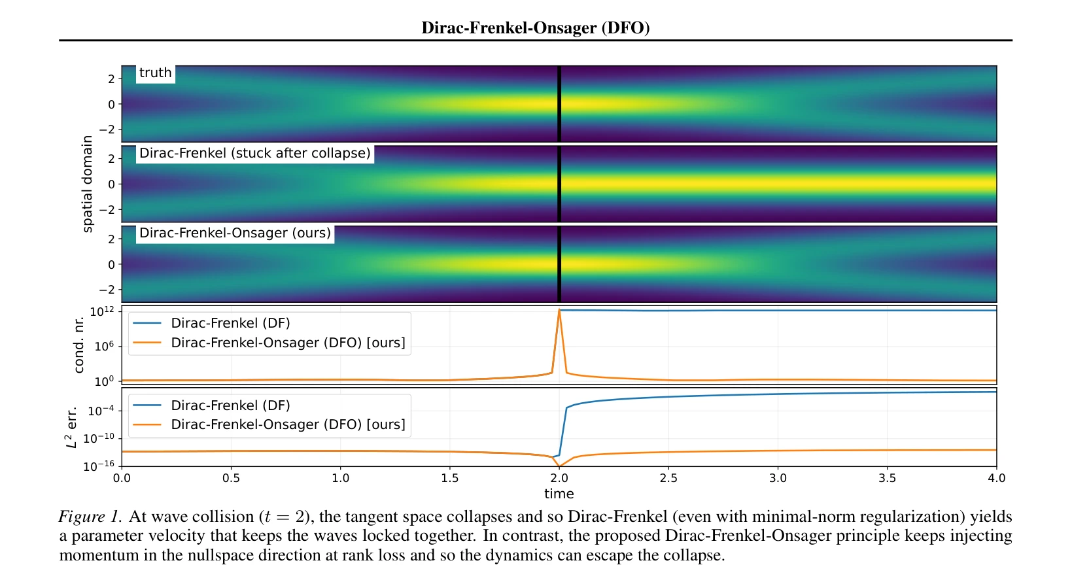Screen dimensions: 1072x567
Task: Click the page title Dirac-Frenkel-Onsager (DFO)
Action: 536,27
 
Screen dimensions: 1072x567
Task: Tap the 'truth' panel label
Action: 156,73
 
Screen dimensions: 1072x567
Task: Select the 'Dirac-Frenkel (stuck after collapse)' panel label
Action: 255,153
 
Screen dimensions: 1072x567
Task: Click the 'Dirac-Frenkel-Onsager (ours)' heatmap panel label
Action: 235,233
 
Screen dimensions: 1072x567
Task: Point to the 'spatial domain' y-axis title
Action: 86,184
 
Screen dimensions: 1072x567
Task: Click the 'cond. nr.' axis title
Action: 78,345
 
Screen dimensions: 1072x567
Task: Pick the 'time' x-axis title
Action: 559,493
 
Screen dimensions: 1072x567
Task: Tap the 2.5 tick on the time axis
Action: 668,478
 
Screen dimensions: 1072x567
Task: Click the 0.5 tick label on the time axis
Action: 231,478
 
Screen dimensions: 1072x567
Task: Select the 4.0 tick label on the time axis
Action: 996,478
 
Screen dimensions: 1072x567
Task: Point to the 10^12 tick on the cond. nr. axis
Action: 103,311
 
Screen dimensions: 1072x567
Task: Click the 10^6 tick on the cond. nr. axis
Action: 105,346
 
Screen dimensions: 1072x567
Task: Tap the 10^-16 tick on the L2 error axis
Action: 99,466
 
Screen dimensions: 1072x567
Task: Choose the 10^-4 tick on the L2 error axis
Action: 101,411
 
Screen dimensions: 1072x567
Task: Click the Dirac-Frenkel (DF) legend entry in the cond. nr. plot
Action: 211,323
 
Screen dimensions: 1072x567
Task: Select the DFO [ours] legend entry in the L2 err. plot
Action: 269,424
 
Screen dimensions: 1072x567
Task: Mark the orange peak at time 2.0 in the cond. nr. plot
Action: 559,310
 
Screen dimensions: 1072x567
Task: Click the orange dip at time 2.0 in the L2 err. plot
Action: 559,466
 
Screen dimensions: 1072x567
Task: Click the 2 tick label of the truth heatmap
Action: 111,79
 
